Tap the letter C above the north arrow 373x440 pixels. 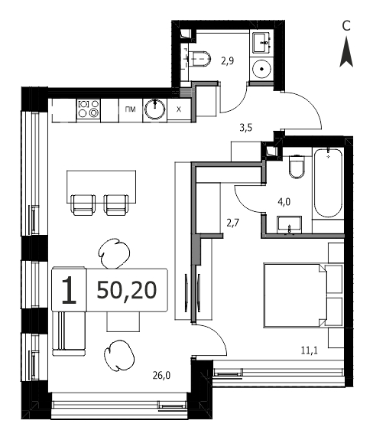pos(346,26)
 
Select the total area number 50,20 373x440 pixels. pos(127,290)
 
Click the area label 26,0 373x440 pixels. pos(161,376)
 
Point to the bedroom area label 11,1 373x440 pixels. pos(310,350)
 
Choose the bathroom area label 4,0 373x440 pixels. pos(284,202)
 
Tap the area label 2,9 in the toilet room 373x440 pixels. pos(228,60)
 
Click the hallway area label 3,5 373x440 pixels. pos(246,128)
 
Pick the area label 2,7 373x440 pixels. pos(233,223)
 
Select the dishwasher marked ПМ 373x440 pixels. pos(131,110)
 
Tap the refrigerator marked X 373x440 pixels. pos(179,110)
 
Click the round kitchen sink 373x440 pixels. pos(154,109)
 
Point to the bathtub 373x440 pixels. pos(328,183)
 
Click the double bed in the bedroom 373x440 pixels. pos(295,295)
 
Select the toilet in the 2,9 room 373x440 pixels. pos(199,59)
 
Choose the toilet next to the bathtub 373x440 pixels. pos(297,167)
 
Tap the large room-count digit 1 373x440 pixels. pos(69,290)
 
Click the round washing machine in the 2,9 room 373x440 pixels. pos(261,69)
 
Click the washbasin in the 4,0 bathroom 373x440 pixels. pos(290,224)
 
